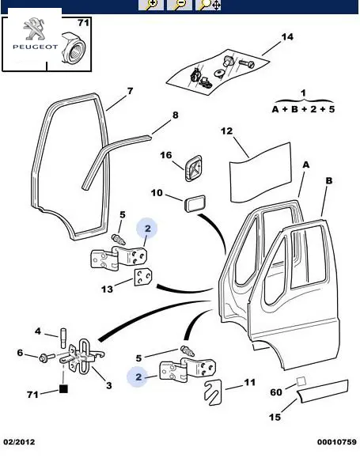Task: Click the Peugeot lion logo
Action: [x=34, y=28]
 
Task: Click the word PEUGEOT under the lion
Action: [x=35, y=47]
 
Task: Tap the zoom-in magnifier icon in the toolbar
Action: [x=151, y=5]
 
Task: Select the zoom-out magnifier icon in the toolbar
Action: [x=180, y=5]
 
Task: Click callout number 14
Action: [x=287, y=37]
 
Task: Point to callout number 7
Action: [x=130, y=91]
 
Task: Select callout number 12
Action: [x=226, y=131]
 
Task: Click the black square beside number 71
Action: [x=63, y=389]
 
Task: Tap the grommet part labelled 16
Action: [x=193, y=168]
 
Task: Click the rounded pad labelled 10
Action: [x=195, y=203]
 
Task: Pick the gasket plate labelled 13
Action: [x=142, y=277]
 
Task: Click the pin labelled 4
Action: [x=63, y=337]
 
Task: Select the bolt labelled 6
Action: [x=47, y=358]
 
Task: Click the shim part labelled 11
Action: [x=213, y=392]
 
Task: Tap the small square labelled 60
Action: [x=301, y=381]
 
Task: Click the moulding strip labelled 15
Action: [x=322, y=392]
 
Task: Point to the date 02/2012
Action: [x=19, y=442]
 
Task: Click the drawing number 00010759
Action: [x=337, y=442]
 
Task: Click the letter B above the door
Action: [x=329, y=180]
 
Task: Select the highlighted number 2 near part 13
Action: [x=147, y=229]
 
